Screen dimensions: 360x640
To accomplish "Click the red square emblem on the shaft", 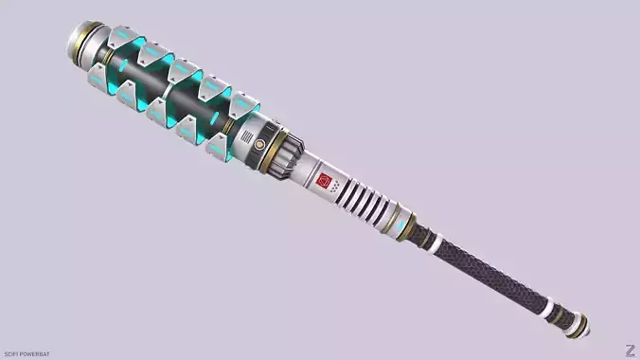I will click(x=324, y=178).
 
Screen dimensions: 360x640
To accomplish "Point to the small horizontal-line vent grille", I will click(x=257, y=143).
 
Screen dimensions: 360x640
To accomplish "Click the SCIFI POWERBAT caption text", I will click(x=25, y=353).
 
